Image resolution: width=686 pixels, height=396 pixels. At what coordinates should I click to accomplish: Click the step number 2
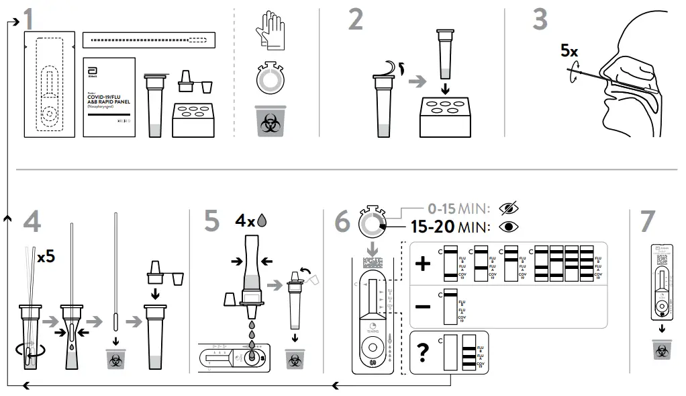[356, 19]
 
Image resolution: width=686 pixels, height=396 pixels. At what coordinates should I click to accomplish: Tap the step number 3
[540, 19]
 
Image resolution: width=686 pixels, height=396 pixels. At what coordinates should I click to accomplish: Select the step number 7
[647, 221]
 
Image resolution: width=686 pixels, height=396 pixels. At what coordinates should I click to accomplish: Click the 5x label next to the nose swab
[569, 50]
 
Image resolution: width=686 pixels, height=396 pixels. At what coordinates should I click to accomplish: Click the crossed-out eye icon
[507, 207]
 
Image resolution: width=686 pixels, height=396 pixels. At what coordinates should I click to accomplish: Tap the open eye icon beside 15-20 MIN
[509, 226]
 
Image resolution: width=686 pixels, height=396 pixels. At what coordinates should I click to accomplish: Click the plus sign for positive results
[423, 263]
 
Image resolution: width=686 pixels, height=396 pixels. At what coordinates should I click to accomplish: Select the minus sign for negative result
[423, 306]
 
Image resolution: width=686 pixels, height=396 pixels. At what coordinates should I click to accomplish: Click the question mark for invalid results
[423, 351]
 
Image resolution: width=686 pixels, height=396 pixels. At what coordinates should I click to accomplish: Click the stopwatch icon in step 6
[371, 222]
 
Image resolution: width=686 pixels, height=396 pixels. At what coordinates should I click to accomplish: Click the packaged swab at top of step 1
[148, 40]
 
